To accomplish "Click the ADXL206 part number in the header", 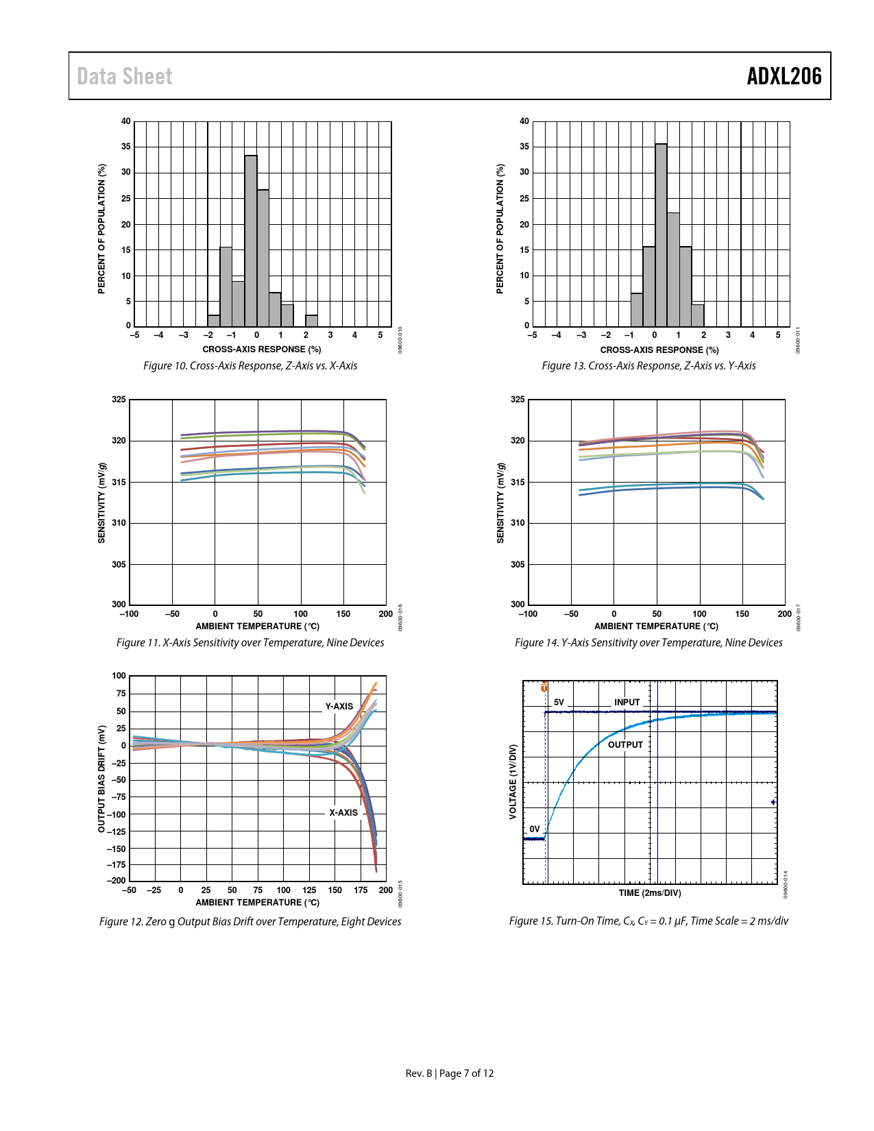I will point(784,76).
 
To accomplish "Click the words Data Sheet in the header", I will point(125,76).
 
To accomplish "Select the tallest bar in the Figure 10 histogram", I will point(251,240).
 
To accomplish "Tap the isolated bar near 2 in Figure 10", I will point(311,321).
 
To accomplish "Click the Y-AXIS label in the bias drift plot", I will point(339,706).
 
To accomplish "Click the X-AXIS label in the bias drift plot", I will point(343,812).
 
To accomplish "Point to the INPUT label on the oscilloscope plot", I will point(627,702).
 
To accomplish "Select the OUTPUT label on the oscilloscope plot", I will point(625,744).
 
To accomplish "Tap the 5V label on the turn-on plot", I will point(559,703).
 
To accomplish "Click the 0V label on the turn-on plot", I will point(535,829).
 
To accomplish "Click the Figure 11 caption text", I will point(250,642).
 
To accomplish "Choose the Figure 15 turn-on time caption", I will point(648,921).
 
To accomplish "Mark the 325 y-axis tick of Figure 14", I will point(518,400).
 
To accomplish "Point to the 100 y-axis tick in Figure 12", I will point(119,676).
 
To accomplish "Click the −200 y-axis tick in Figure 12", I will point(117,880).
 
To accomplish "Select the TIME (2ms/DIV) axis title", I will point(650,892).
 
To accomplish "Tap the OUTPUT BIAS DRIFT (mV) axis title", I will point(101,779).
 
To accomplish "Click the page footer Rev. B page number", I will point(450,1073).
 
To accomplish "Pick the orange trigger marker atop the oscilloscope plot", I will point(544,687).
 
